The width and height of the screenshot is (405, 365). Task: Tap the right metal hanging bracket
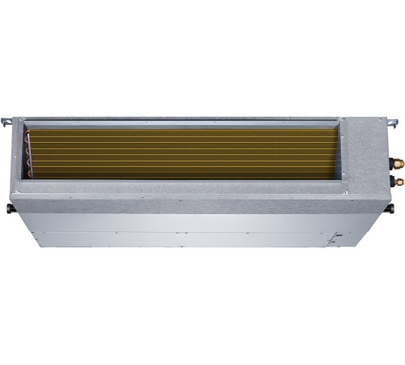pos(393,123)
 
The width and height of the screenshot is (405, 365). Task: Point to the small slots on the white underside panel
pos(333,238)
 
